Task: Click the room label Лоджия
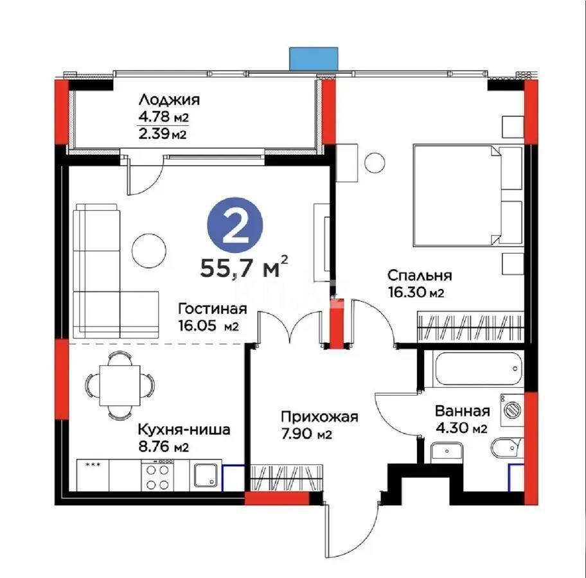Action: pos(169,100)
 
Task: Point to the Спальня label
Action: pos(419,276)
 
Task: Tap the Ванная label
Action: pos(462,412)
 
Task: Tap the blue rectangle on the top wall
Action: pos(313,58)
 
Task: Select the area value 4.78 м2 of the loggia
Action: pos(163,118)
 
